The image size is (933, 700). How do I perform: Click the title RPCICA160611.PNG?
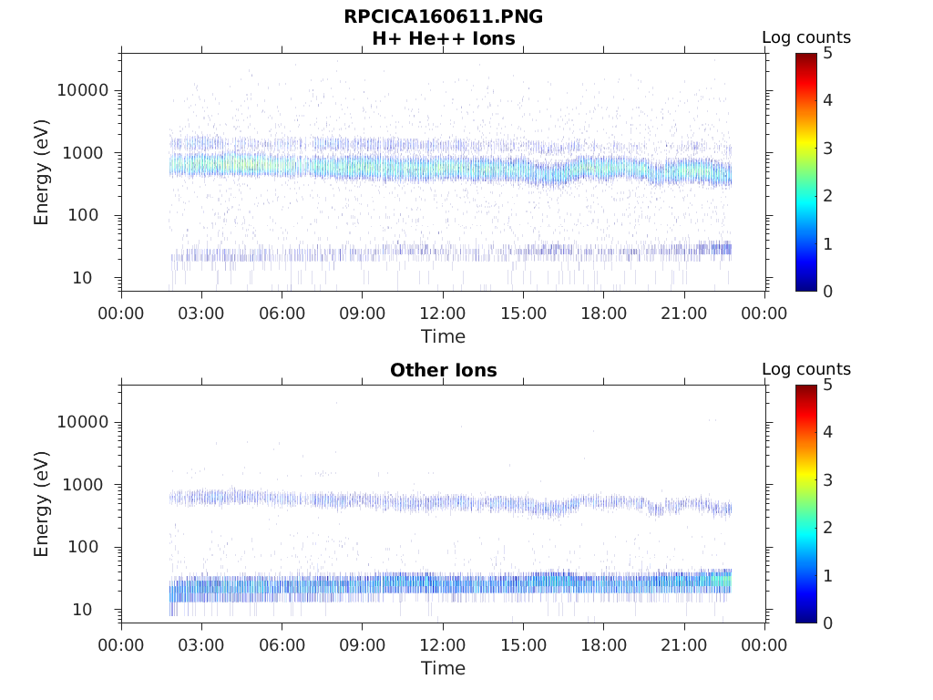coord(443,17)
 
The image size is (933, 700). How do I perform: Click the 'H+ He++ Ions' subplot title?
coord(443,39)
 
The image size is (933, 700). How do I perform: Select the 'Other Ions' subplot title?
coord(443,371)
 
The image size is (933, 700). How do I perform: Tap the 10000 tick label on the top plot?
coord(82,90)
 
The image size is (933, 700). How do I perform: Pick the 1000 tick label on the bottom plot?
coord(88,485)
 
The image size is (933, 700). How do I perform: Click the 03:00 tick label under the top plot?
coord(201,313)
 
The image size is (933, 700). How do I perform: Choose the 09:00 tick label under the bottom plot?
coord(363,644)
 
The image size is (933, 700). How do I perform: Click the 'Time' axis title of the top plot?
coord(443,336)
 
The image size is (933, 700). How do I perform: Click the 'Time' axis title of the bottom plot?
coord(443,668)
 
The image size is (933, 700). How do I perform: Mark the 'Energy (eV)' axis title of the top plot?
coord(42,172)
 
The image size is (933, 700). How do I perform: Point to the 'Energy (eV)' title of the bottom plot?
coord(42,504)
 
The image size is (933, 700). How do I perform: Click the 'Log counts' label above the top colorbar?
coord(806,38)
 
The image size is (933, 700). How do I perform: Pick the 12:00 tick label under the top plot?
coord(443,313)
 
